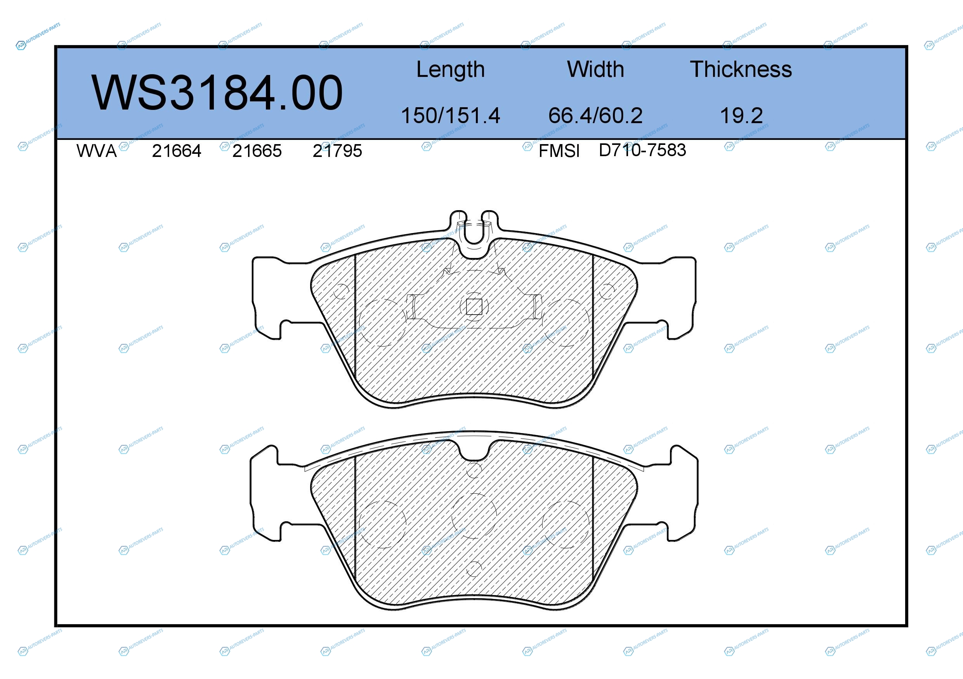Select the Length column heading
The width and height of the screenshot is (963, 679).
451,70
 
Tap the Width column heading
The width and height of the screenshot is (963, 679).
595,69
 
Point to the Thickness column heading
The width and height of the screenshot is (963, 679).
741,69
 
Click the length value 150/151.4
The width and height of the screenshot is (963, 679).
451,115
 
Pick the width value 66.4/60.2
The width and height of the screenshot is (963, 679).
595,115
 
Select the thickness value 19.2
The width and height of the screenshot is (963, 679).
741,115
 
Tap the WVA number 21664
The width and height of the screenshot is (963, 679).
176,151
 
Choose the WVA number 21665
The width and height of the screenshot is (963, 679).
257,151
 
